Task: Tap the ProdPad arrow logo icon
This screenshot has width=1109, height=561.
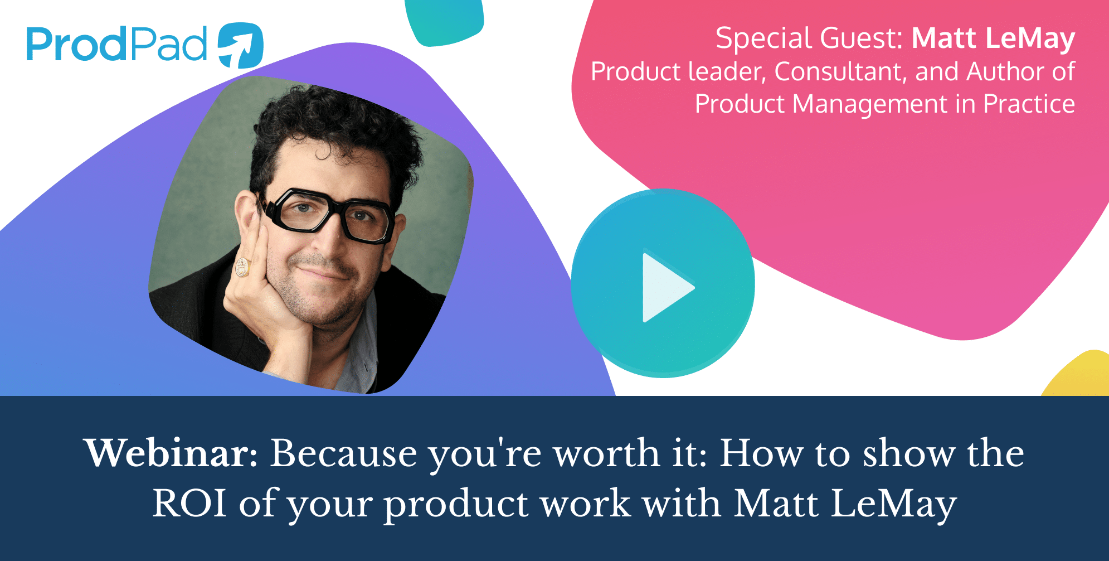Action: [x=240, y=46]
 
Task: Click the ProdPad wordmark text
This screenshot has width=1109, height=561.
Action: [x=116, y=44]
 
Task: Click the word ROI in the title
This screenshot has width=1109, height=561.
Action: [x=189, y=503]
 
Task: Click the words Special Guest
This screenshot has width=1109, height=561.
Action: [x=809, y=38]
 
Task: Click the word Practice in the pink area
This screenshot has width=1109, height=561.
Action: [x=1029, y=104]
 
